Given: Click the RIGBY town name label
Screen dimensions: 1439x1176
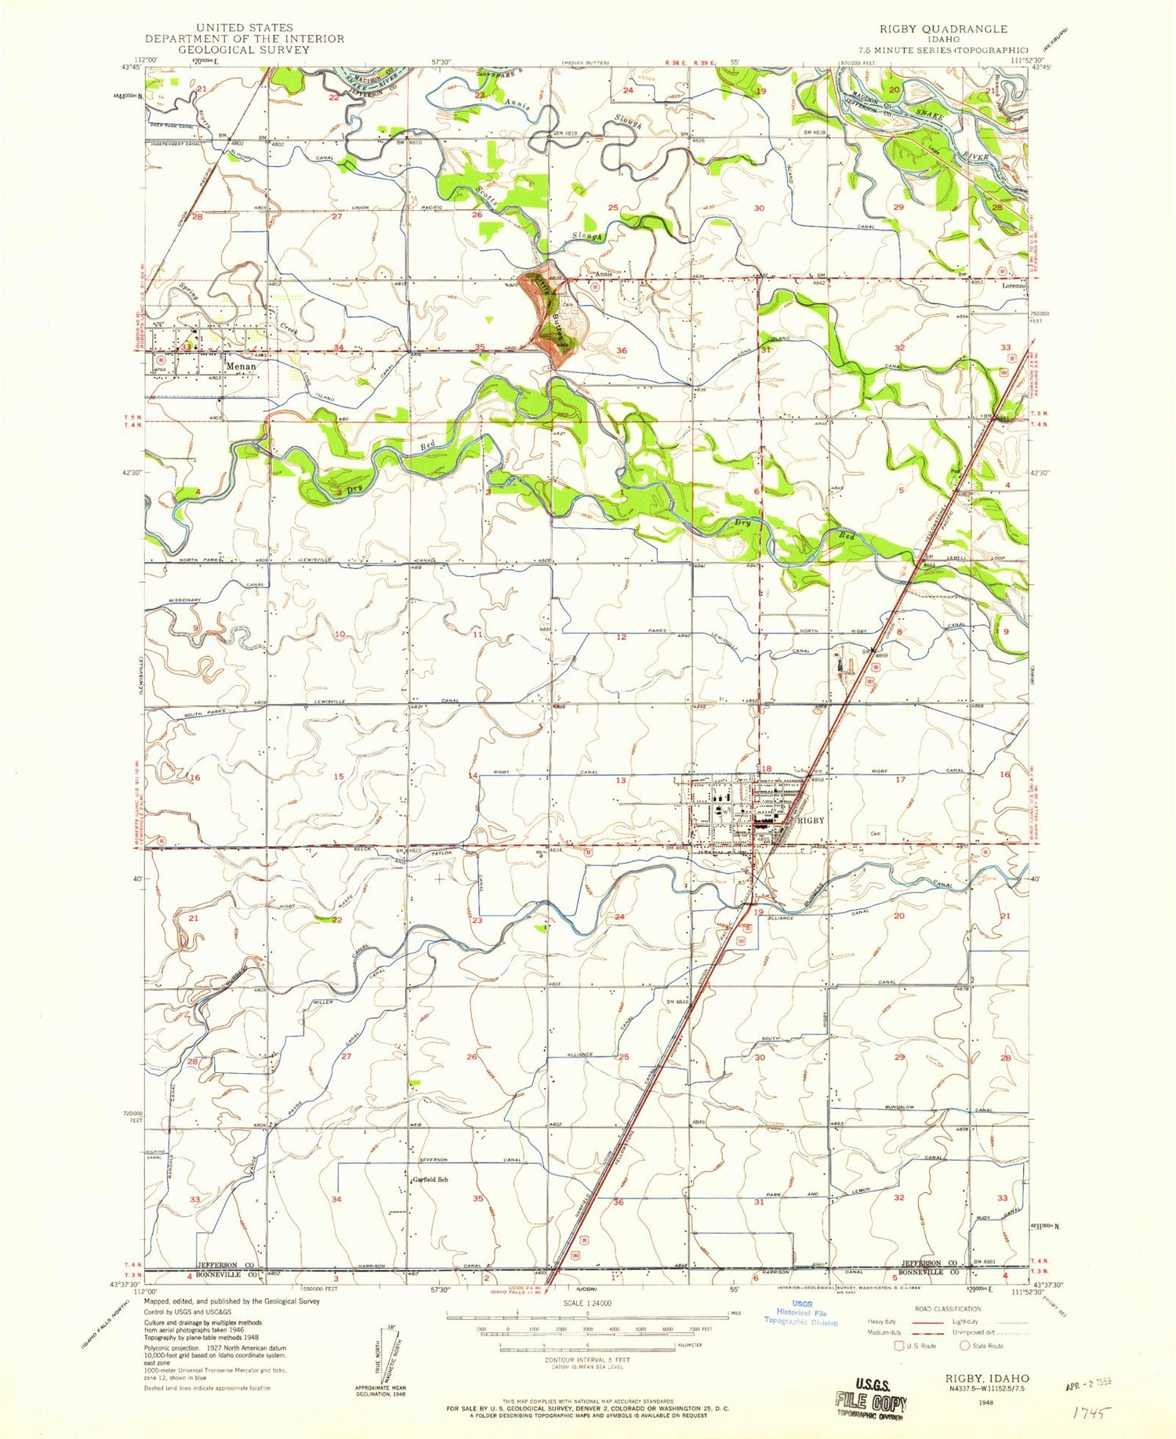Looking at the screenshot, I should pos(811,820).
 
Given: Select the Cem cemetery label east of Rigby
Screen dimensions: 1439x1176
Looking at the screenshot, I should pos(874,833).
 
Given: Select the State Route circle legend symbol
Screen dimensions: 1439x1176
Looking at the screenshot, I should pos(965,1346).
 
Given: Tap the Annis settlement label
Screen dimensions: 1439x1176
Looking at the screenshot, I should pos(603,274).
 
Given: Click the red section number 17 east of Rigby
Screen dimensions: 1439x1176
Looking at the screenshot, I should pos(901,779).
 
